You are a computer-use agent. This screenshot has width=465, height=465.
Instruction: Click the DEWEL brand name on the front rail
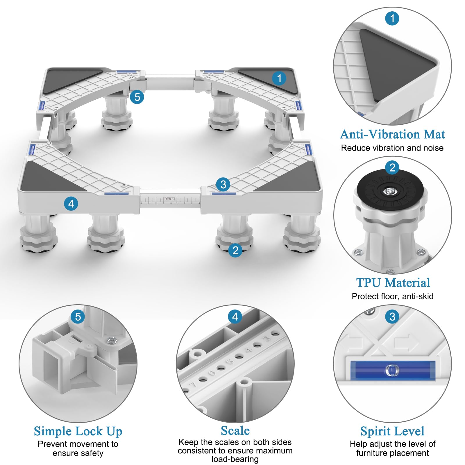click(x=170, y=199)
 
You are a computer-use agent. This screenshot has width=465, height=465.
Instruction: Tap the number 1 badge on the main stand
click(x=279, y=78)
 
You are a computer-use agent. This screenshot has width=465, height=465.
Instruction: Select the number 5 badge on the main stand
click(x=137, y=97)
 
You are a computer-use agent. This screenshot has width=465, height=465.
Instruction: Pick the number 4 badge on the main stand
click(x=71, y=204)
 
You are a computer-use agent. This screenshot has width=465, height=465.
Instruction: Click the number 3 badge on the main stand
click(x=223, y=185)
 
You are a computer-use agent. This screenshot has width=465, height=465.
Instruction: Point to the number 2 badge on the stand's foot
click(x=235, y=250)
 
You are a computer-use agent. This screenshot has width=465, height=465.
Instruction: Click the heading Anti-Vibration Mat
click(x=392, y=134)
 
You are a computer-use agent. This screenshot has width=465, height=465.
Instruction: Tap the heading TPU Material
click(x=393, y=282)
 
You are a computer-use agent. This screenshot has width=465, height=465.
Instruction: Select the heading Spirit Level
click(x=392, y=431)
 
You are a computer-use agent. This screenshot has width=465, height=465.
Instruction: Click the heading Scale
click(x=235, y=431)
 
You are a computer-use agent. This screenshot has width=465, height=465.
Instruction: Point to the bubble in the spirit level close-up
click(x=392, y=370)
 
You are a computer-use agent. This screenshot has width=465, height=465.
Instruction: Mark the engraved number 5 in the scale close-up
click(x=230, y=361)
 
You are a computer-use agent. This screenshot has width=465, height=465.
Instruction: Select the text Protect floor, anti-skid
click(x=392, y=296)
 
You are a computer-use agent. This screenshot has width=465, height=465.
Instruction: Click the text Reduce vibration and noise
click(x=392, y=148)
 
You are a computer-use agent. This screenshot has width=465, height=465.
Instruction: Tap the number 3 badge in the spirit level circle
click(x=392, y=316)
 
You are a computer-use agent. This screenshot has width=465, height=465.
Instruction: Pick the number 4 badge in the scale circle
click(x=235, y=316)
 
